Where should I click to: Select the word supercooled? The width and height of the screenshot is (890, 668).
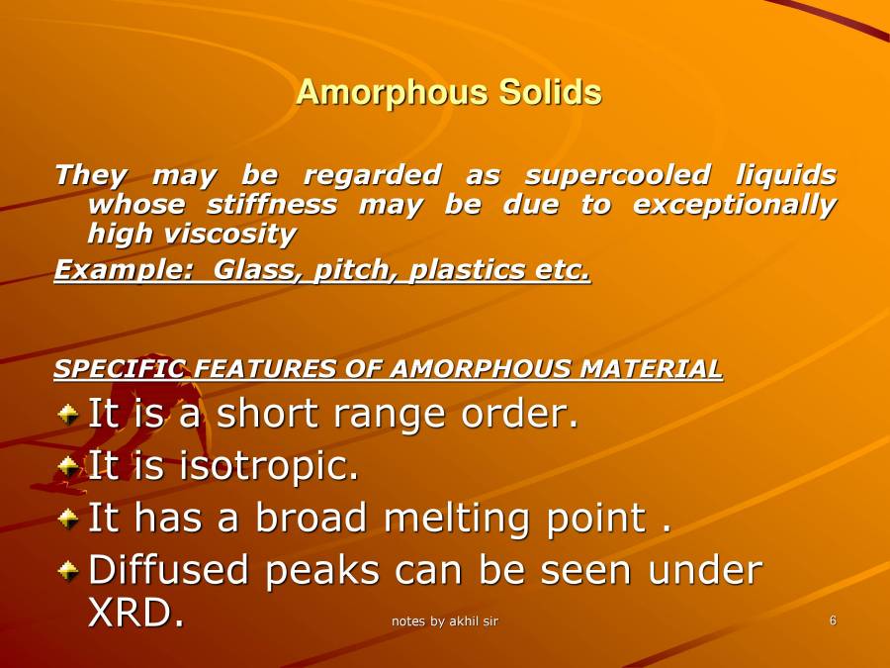pyautogui.click(x=617, y=176)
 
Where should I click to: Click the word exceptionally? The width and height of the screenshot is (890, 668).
pyautogui.click(x=735, y=205)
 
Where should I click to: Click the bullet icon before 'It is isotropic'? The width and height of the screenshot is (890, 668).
pyautogui.click(x=67, y=464)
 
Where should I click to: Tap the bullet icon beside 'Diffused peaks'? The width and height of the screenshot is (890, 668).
pyautogui.click(x=67, y=569)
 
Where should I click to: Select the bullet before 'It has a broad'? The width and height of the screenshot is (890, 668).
pyautogui.click(x=67, y=517)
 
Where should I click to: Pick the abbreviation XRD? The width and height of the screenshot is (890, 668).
pyautogui.click(x=135, y=614)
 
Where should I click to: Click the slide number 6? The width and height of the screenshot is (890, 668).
pyautogui.click(x=833, y=620)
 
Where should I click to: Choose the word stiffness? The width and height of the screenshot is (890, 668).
pyautogui.click(x=271, y=205)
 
